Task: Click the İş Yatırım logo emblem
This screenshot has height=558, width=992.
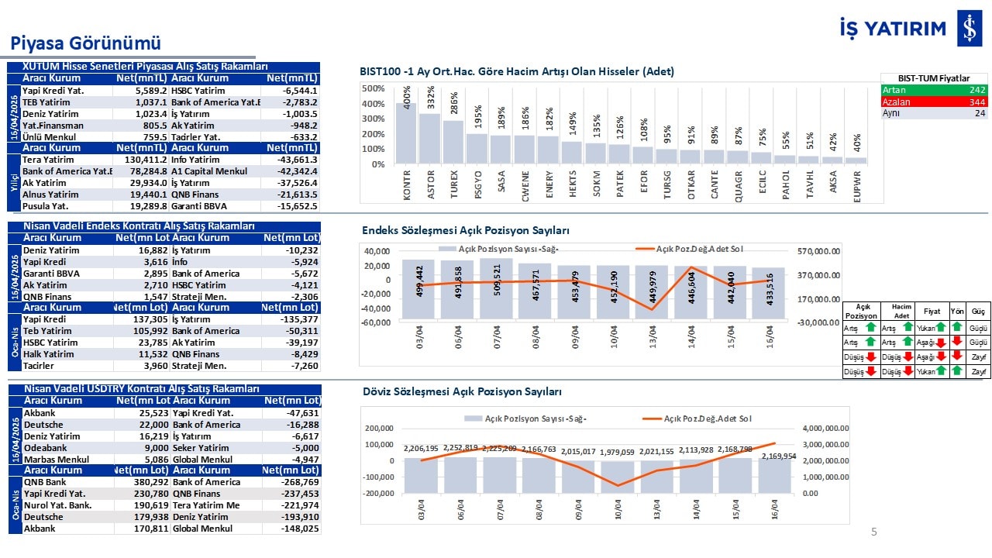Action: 969,29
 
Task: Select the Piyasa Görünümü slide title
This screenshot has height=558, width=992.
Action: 85,43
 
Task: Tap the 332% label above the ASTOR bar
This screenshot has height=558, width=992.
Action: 431,98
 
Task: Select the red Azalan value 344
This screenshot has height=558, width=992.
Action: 976,102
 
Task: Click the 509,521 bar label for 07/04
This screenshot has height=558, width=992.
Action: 498,281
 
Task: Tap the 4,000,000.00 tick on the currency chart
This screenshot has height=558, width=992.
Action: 825,428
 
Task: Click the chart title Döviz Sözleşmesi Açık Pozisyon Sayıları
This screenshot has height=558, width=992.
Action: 462,392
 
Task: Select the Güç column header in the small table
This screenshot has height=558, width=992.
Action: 978,311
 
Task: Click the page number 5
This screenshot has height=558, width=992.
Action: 874,532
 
